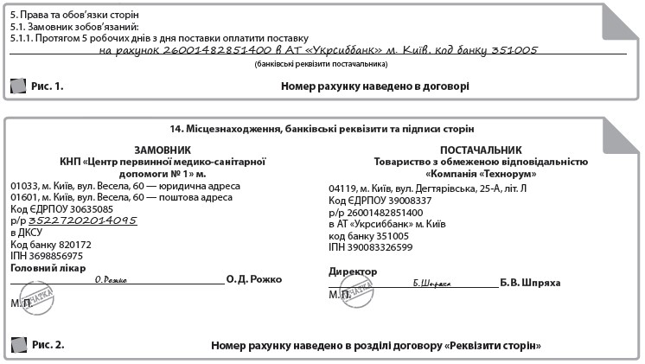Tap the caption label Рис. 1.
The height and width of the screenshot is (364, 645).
click(x=48, y=86)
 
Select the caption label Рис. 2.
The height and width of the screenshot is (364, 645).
click(x=48, y=345)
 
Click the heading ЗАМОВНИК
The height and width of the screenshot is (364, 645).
click(x=162, y=150)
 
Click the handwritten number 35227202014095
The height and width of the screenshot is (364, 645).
click(x=83, y=220)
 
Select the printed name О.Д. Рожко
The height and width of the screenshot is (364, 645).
click(x=253, y=280)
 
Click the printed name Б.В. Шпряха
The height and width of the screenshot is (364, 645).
click(x=530, y=283)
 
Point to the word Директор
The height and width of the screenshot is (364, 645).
click(x=353, y=271)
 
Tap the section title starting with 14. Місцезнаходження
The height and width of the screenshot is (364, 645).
click(x=322, y=129)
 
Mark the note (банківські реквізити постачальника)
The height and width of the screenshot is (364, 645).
click(x=321, y=65)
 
